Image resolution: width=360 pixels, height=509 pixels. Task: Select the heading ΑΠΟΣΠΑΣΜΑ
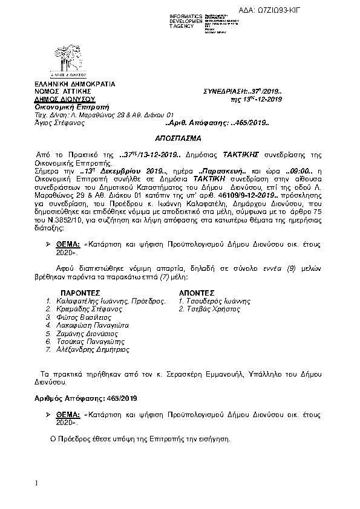point(180,138)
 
